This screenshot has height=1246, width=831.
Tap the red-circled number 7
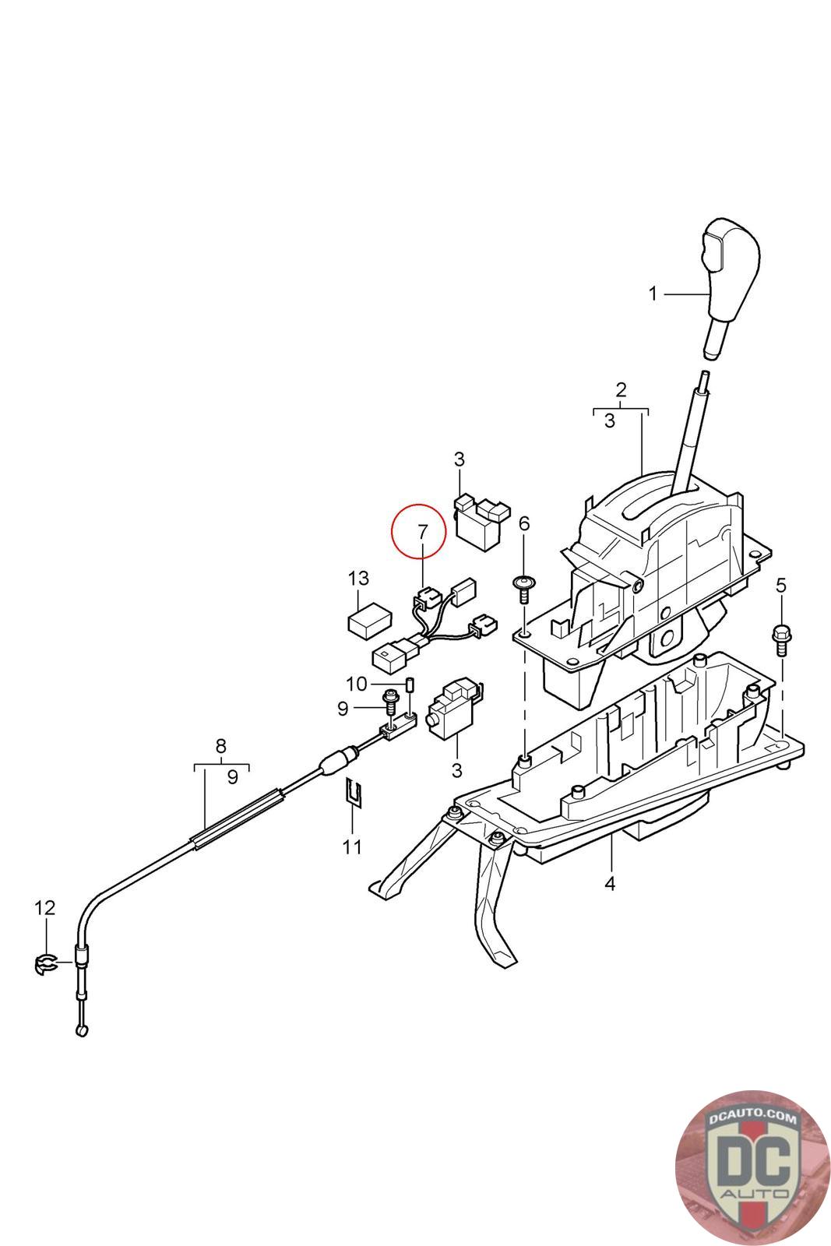tap(422, 533)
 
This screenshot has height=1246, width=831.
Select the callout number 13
tap(358, 579)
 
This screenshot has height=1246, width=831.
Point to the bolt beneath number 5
tap(780, 639)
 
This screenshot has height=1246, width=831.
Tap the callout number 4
tap(609, 884)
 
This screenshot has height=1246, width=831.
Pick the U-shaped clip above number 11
tap(353, 793)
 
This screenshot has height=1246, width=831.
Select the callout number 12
tap(45, 907)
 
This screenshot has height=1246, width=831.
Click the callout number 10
tap(356, 684)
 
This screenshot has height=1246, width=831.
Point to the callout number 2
tap(621, 389)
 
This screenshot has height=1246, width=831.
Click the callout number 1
tap(653, 294)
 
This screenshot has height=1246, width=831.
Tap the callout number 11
tap(352, 847)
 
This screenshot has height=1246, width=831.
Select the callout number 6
tap(523, 523)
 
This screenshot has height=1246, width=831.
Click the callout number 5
tap(781, 584)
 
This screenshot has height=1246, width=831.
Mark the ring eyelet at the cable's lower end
tap(83, 1031)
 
